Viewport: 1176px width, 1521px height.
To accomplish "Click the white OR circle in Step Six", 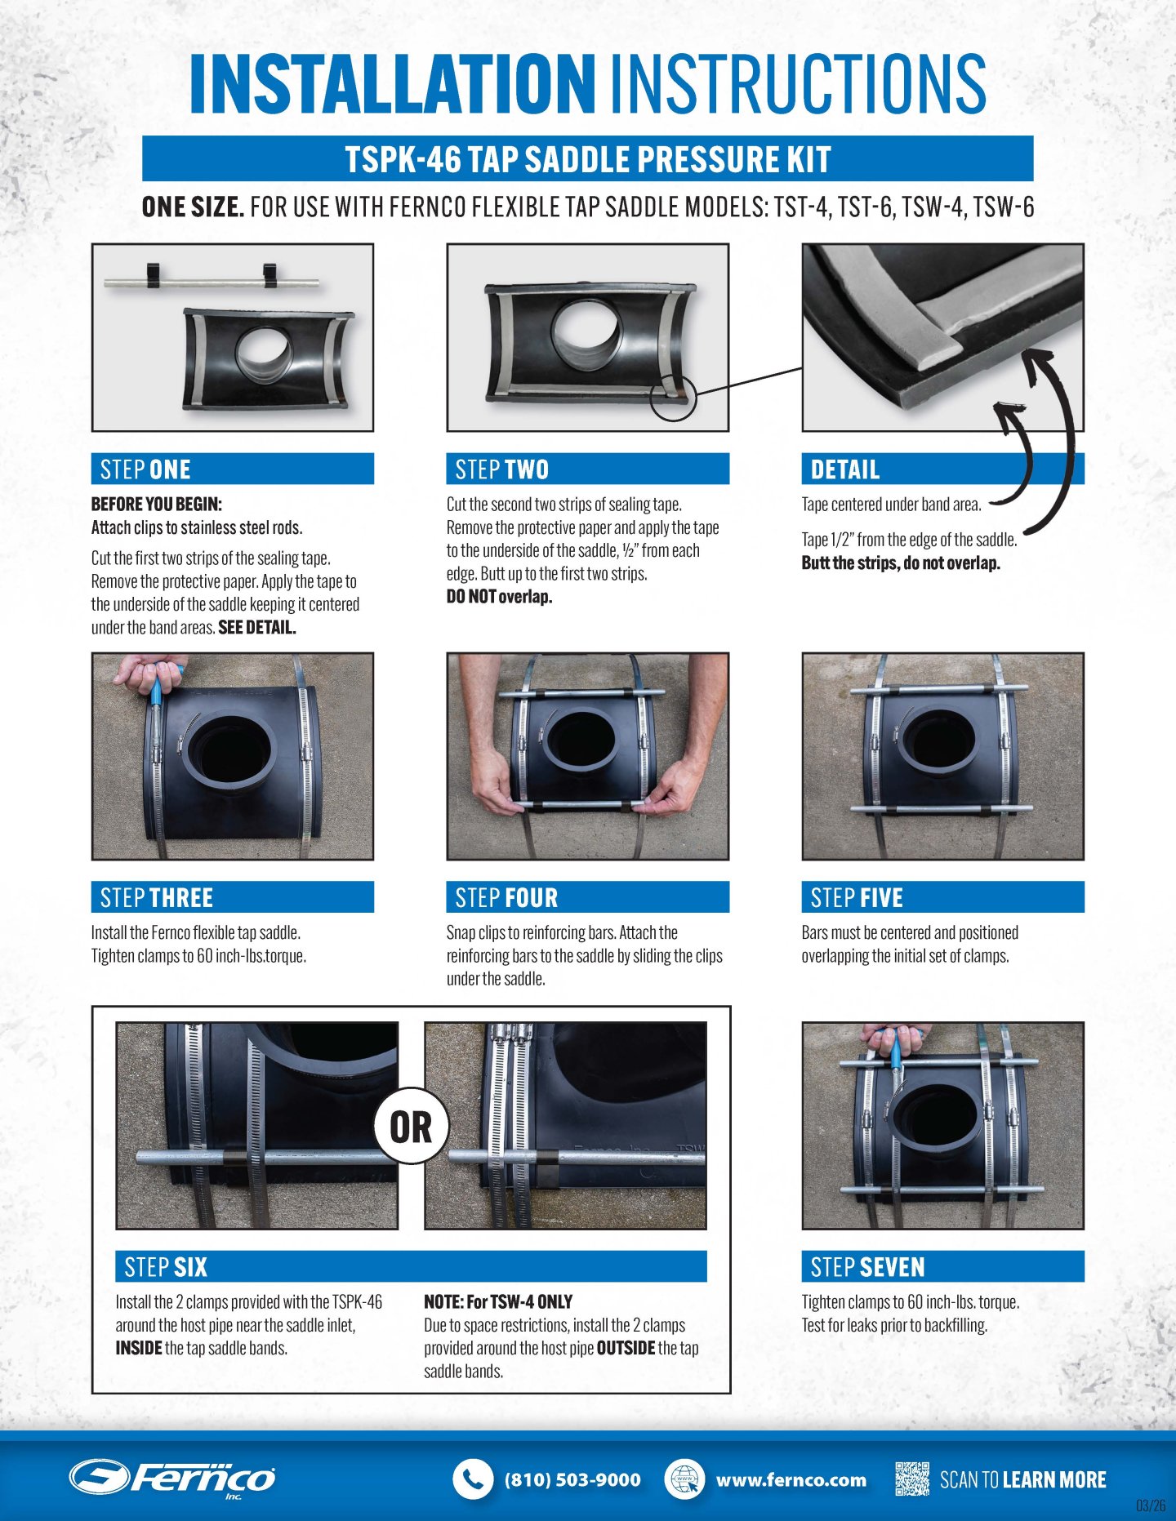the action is point(412,1126).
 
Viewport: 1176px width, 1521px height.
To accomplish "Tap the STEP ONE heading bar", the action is point(233,469).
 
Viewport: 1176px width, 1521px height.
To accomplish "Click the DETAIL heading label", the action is point(845,469).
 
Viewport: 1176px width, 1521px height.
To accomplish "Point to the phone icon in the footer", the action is point(473,1479).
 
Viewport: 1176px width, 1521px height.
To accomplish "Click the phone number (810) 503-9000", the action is point(572,1479).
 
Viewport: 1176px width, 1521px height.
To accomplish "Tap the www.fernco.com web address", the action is point(791,1479).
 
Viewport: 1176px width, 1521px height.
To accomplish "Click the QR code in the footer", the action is point(912,1479).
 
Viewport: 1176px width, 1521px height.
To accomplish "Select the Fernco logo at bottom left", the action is point(172,1478).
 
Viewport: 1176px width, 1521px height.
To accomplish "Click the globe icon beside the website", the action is point(684,1479).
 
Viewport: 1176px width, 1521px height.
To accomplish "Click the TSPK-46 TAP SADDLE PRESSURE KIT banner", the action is point(588,158).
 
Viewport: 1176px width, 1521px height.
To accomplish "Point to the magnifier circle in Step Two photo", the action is point(674,398).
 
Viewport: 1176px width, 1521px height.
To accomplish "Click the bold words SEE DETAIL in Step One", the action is point(256,627).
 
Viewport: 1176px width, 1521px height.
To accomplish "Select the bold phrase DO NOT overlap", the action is point(499,596).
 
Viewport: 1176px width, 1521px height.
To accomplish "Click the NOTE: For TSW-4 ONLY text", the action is point(498,1301).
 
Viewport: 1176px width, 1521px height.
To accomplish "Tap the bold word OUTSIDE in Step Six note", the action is point(626,1347).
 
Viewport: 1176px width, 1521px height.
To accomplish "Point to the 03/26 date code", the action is point(1151,1505).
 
